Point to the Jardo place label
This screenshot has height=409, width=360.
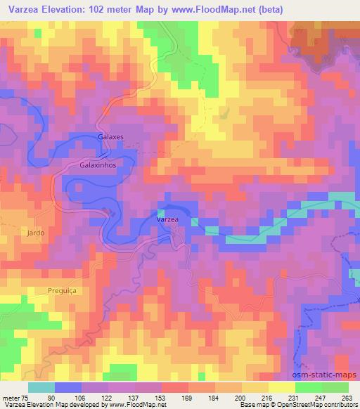tap(35, 233)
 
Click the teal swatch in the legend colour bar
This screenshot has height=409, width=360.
tap(41, 387)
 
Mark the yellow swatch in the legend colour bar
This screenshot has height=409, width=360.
tap(281, 387)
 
